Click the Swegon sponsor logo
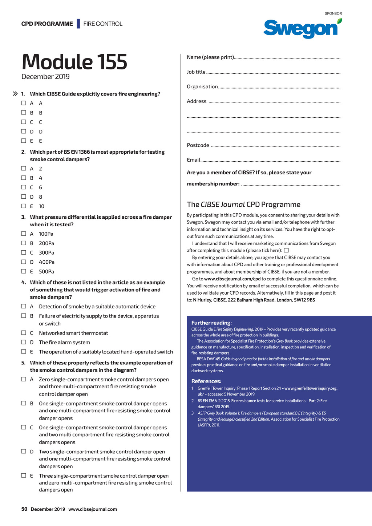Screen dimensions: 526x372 pyautogui.click(x=302, y=28)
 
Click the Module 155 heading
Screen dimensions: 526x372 pyautogui.click(x=74, y=62)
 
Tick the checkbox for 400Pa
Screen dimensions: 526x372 pyautogui.click(x=24, y=262)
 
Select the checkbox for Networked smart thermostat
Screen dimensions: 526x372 pyautogui.click(x=24, y=333)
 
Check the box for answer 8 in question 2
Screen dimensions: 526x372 pyautogui.click(x=24, y=197)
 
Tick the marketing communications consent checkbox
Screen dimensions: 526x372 pyautogui.click(x=286, y=250)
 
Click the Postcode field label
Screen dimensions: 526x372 pyautogui.click(x=198, y=145)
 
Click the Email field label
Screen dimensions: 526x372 pyautogui.click(x=194, y=160)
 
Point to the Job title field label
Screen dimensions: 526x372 pyautogui.click(x=196, y=72)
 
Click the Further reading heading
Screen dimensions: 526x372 pyautogui.click(x=211, y=323)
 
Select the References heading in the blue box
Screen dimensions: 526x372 pyautogui.click(x=206, y=381)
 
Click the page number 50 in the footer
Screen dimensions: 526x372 pyautogui.click(x=24, y=509)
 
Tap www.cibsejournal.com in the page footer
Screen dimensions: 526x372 pyautogui.click(x=93, y=509)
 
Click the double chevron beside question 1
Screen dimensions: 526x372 pyautogui.click(x=15, y=94)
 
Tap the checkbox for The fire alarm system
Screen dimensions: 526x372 pyautogui.click(x=24, y=342)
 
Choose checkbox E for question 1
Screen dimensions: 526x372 pyautogui.click(x=24, y=141)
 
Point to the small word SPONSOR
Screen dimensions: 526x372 pyautogui.click(x=333, y=13)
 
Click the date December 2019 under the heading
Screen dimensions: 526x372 pyautogui.click(x=45, y=77)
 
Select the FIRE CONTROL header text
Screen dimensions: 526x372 pyautogui.click(x=103, y=24)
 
